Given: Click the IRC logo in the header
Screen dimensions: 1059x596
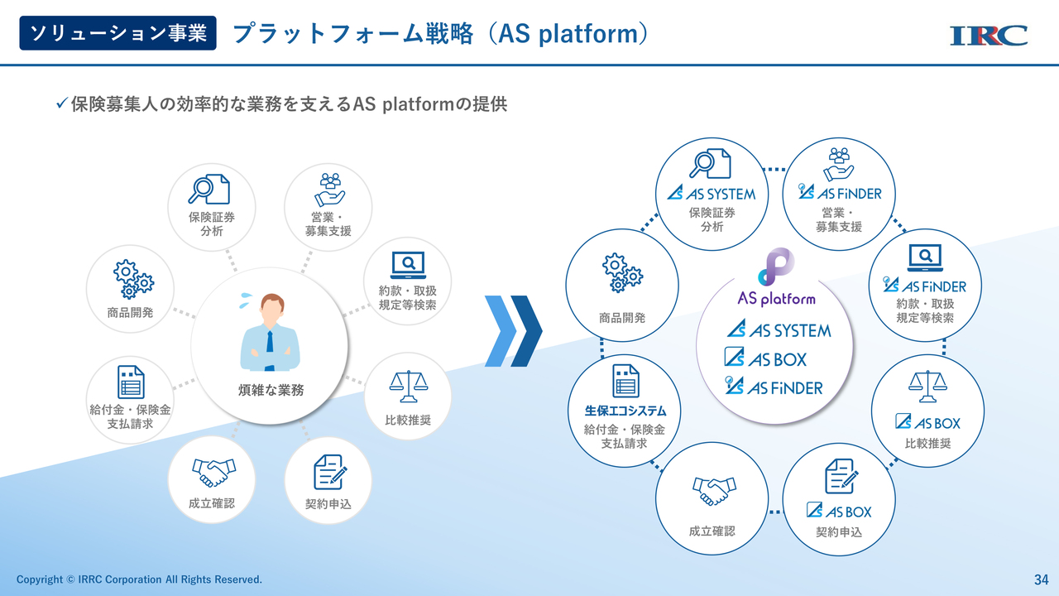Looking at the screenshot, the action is [989, 36].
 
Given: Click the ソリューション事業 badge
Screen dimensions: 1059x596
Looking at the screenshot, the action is [117, 33].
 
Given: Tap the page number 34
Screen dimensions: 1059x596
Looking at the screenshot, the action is [1041, 579].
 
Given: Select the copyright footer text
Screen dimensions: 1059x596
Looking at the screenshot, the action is [139, 579].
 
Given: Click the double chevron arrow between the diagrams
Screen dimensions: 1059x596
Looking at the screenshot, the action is [514, 331].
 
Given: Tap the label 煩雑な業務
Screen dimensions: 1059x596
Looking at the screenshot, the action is [271, 390].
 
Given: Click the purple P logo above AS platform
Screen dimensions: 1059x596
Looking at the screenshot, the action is [776, 267].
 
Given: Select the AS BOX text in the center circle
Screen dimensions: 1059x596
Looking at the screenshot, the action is [777, 360].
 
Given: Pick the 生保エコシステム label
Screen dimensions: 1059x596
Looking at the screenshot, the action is [625, 411].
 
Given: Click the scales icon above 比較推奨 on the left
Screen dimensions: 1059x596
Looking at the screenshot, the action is [409, 387].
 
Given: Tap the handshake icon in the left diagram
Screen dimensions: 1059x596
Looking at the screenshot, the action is [213, 473].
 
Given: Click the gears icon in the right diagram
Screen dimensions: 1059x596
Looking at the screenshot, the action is [622, 273].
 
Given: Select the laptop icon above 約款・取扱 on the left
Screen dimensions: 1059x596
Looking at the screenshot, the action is [409, 265].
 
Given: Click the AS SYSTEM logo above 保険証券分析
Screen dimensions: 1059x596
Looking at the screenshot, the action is [712, 193].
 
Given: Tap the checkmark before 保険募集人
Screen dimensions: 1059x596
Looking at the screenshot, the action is [62, 103].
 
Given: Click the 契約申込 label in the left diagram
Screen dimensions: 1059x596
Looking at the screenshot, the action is [328, 504].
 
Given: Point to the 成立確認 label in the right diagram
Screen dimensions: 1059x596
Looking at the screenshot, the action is [712, 531].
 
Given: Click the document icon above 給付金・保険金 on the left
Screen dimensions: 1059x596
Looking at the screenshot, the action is [131, 382].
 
